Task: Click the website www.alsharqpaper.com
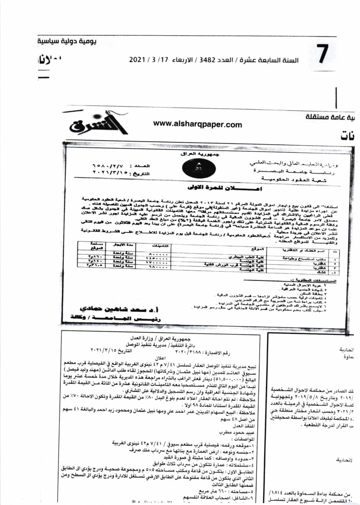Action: click(x=198, y=124)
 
